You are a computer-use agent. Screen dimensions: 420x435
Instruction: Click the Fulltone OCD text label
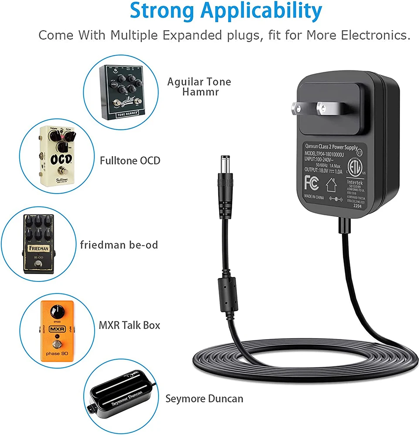tap(130, 161)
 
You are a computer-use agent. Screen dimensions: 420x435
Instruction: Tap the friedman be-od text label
tap(119, 245)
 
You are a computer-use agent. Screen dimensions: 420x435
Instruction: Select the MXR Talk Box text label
tap(129, 325)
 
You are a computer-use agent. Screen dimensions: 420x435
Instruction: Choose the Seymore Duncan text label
tap(204, 398)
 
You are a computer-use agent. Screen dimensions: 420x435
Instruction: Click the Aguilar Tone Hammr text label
tap(200, 87)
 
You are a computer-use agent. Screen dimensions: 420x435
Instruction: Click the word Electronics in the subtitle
tap(376, 35)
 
